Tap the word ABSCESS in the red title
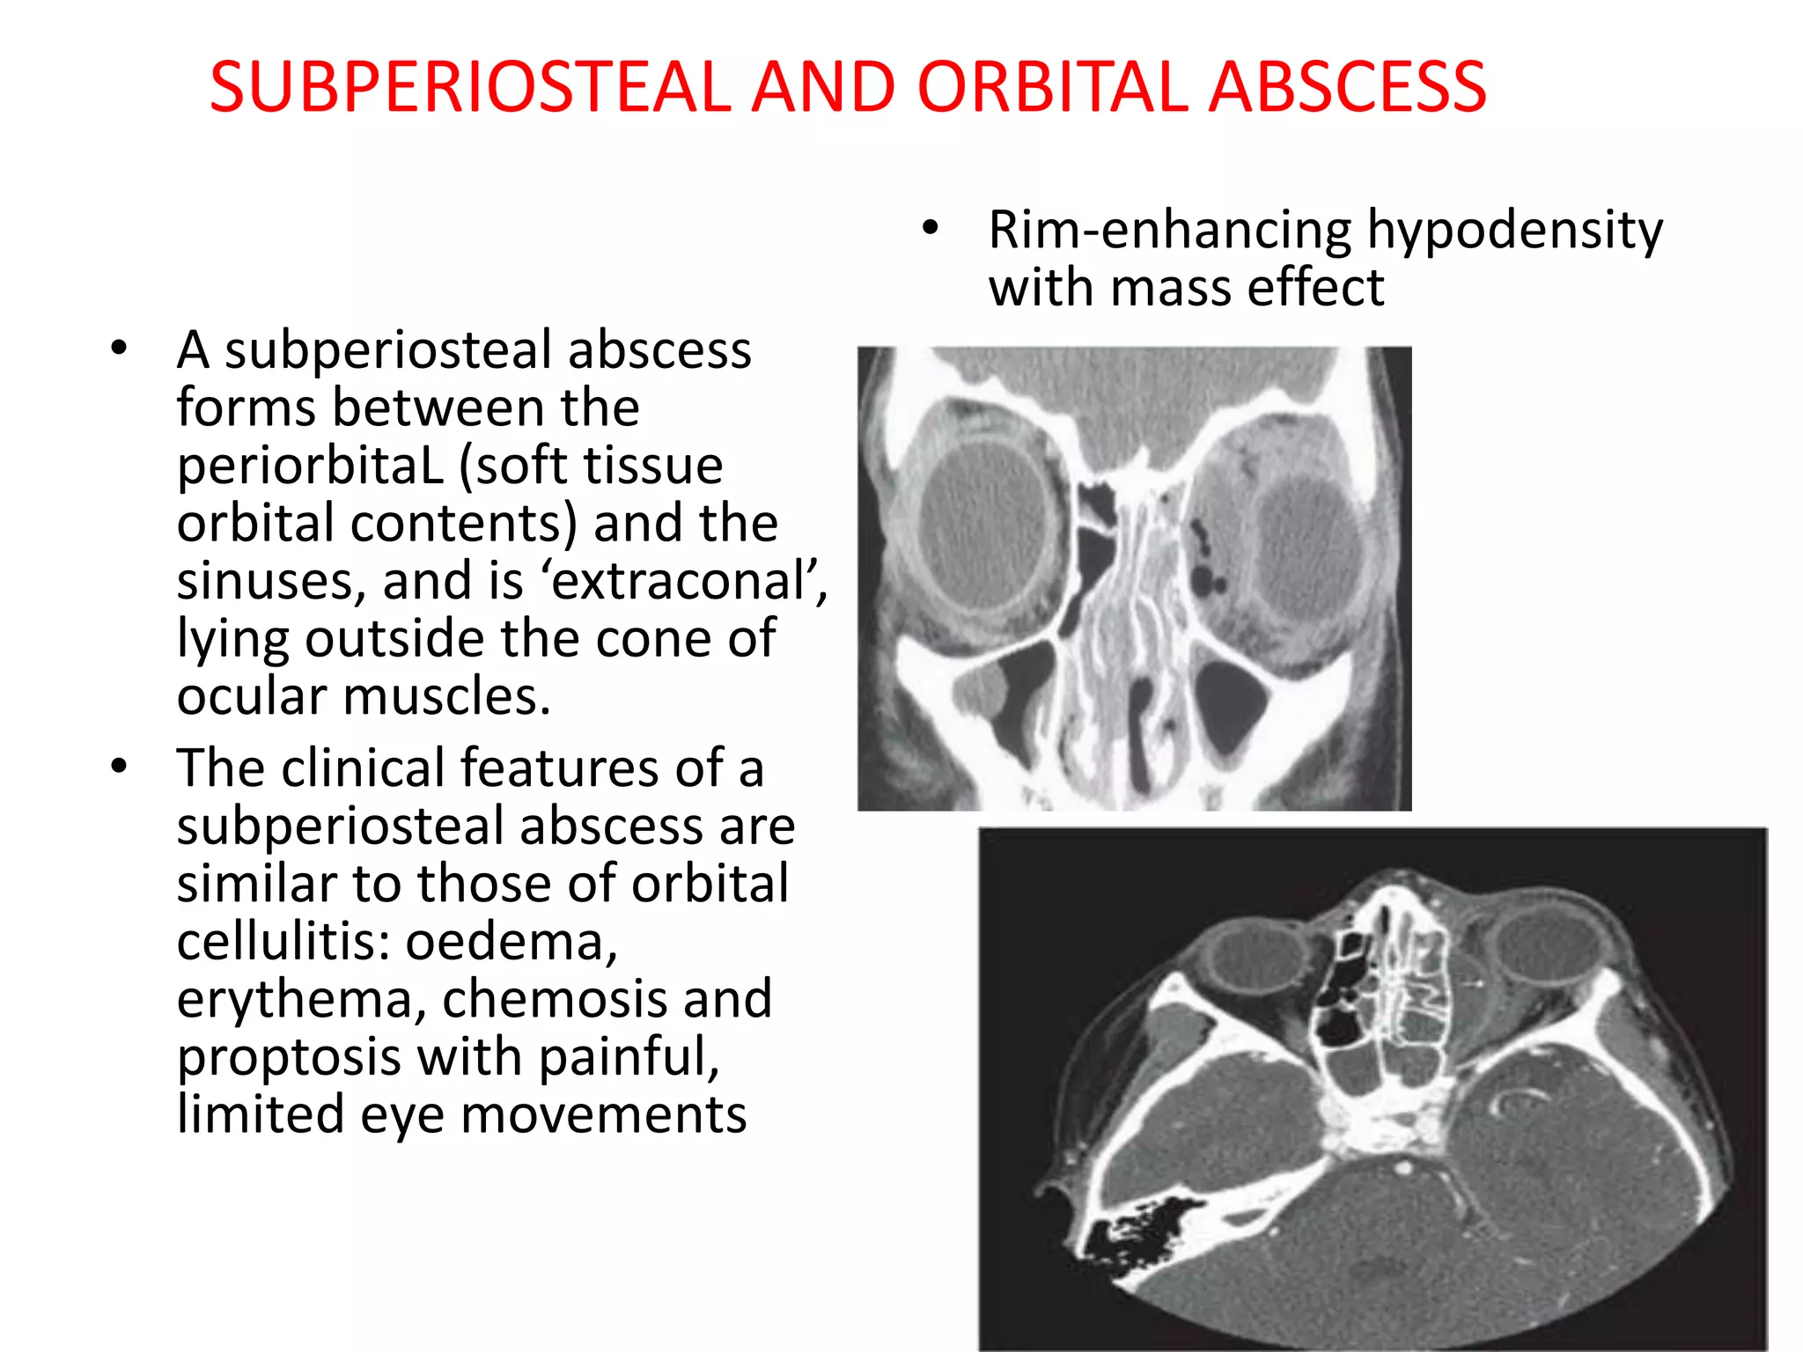click(1347, 87)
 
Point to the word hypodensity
click(1514, 231)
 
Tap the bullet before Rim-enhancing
click(931, 229)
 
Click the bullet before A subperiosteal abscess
click(119, 349)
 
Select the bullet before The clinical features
click(119, 767)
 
